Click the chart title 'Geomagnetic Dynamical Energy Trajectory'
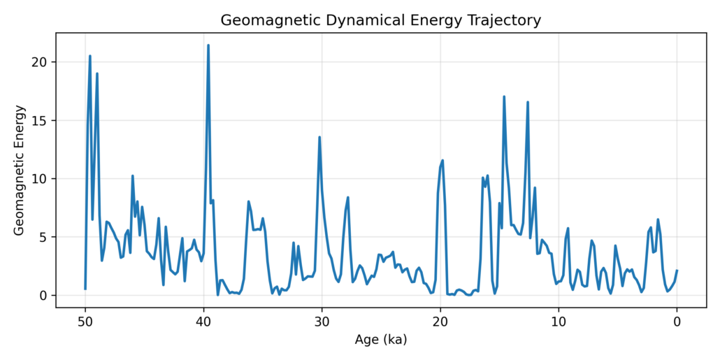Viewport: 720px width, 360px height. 381,20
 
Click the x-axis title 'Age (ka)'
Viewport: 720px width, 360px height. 381,340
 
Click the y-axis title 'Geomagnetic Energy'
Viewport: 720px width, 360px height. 20,170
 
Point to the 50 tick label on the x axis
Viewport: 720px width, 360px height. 85,322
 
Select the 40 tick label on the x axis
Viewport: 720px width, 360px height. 203,322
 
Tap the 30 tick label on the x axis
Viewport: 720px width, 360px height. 322,322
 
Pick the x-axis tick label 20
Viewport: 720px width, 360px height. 440,322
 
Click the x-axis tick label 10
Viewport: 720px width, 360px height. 559,322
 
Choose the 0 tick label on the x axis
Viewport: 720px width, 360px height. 677,322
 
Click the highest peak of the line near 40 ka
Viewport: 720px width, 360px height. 208,45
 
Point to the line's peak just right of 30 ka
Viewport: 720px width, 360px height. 319,137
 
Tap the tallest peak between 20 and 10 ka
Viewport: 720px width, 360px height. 504,96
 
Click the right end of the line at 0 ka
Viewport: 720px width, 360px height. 677,271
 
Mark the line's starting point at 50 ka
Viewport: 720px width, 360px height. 85,289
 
